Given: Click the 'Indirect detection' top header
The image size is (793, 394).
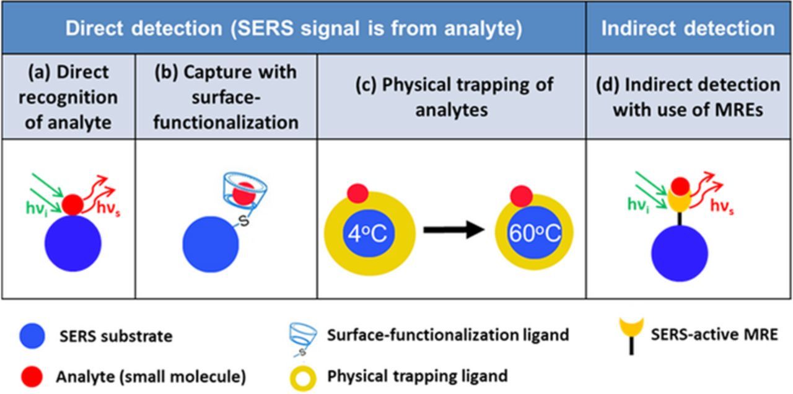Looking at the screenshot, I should [688, 28].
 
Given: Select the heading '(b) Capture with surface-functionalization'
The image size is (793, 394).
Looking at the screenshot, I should [226, 97].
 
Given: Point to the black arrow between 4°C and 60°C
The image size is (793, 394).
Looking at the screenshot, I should [453, 230].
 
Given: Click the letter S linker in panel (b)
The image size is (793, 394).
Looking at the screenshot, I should [244, 221].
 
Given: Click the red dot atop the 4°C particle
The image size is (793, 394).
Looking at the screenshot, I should [358, 193].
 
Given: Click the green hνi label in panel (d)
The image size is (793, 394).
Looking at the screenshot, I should [639, 202].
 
